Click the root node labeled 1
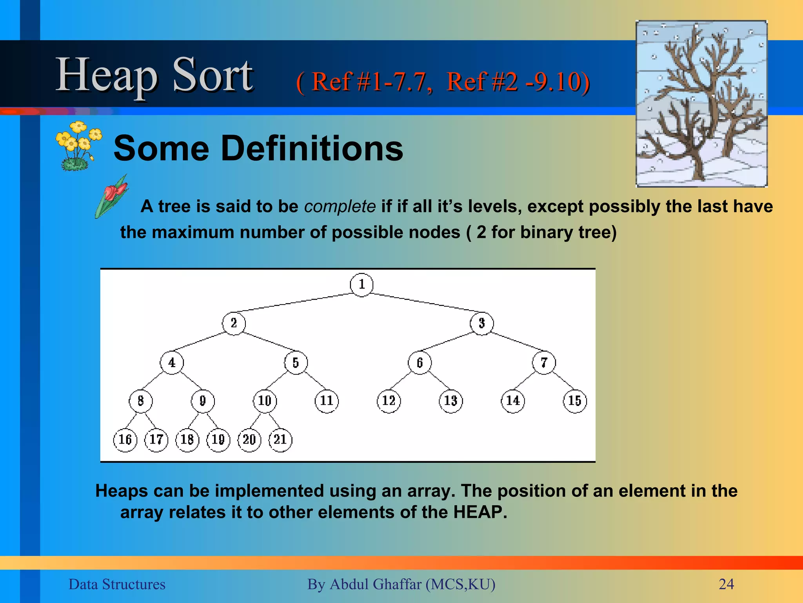coord(362,285)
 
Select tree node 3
coord(482,323)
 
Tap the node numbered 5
coord(296,363)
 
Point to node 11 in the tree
coord(327,401)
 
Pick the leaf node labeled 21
coord(280,440)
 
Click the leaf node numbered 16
coord(125,440)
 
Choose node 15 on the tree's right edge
coord(575,401)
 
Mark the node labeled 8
coord(141,401)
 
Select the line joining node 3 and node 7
coord(518,342)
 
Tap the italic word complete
coord(340,206)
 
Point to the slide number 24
coord(726,584)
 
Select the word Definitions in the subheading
coord(312,148)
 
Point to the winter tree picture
coord(701,104)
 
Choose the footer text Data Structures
coord(117,584)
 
